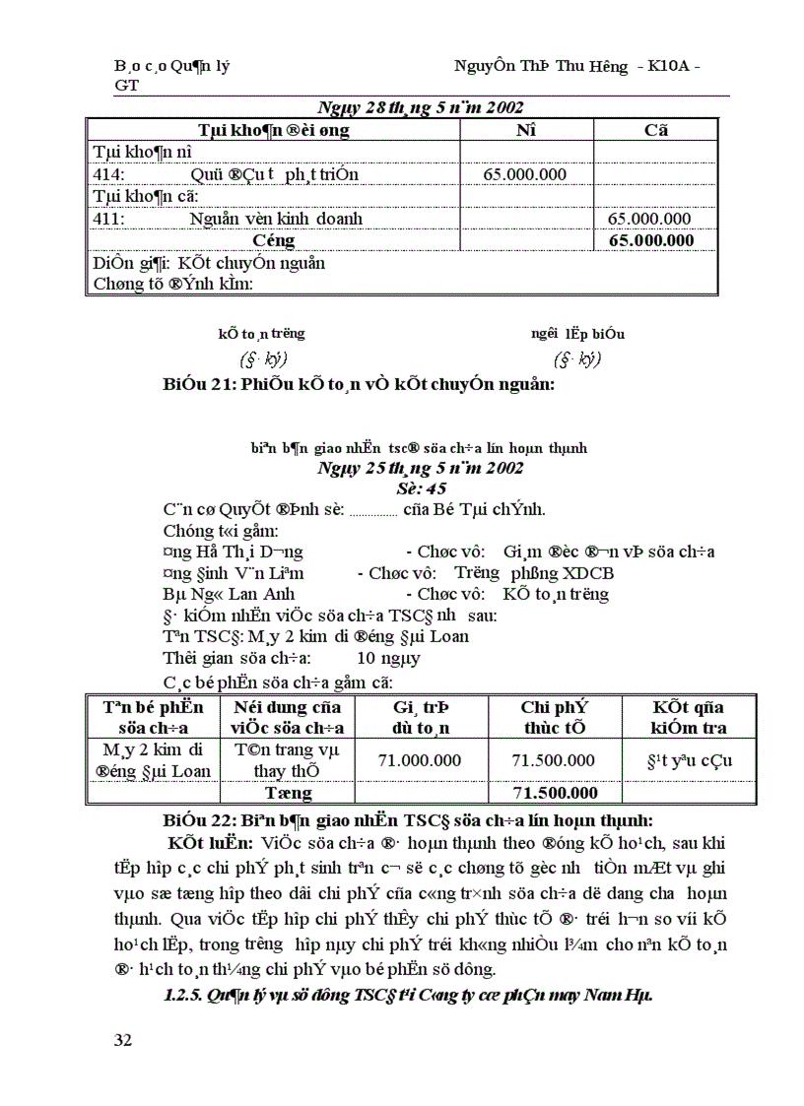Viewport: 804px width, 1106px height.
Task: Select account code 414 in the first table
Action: (x=107, y=174)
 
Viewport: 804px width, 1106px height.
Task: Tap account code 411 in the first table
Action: (x=107, y=218)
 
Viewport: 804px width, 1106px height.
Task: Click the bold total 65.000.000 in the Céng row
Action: (x=651, y=239)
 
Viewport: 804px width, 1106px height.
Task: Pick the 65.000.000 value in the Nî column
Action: (x=524, y=174)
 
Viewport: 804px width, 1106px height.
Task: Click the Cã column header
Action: (x=655, y=130)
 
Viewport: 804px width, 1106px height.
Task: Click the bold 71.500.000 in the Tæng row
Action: (x=556, y=792)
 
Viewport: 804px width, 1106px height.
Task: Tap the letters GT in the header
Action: (x=126, y=85)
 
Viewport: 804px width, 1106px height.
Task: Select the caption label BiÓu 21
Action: (x=195, y=385)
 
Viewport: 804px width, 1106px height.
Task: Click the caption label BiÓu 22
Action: (x=195, y=820)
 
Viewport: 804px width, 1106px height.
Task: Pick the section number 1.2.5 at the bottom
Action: (x=183, y=995)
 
